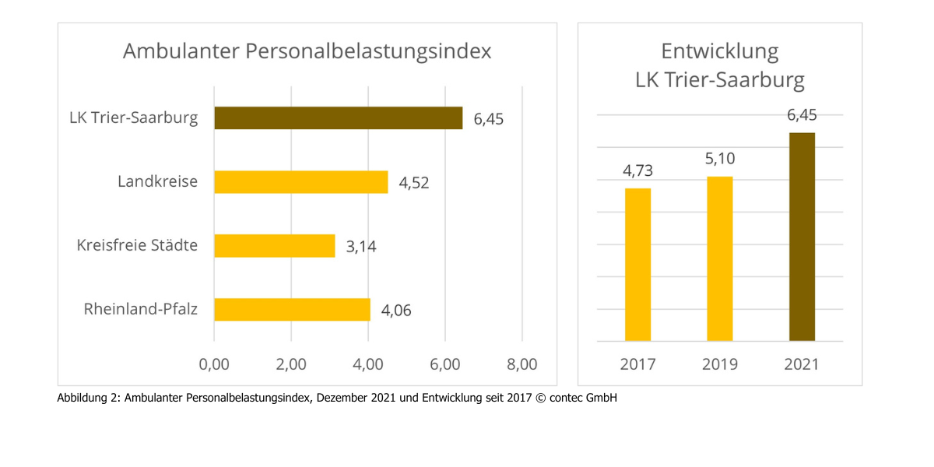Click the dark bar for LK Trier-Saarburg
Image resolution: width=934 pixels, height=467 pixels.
coord(338,118)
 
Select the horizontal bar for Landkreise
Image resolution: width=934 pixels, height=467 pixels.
coord(300,182)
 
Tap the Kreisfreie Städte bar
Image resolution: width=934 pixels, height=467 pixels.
coord(274,246)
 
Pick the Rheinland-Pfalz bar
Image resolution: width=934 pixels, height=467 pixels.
coord(292,310)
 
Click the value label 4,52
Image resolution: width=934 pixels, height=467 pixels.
coord(414,184)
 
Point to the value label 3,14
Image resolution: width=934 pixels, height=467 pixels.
coord(361,248)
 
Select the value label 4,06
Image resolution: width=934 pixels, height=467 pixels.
coord(396,311)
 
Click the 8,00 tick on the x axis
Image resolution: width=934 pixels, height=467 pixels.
coord(521,364)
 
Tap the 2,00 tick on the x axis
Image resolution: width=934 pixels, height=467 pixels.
coord(290,364)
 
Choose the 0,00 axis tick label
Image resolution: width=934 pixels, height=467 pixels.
coord(214,364)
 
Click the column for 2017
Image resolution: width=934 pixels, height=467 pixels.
coord(637,265)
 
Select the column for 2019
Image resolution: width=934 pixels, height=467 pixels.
coord(720,258)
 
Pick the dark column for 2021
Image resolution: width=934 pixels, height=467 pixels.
coord(802,237)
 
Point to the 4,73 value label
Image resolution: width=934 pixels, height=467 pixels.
coord(637,171)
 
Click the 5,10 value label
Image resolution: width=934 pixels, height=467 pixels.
coord(720,160)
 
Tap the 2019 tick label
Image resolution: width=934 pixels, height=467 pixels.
coord(720,364)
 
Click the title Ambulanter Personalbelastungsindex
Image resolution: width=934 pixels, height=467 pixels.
coord(307,51)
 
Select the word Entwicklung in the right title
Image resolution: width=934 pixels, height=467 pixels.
coord(720,51)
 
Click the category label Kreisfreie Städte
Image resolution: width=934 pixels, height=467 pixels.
coord(137,245)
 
